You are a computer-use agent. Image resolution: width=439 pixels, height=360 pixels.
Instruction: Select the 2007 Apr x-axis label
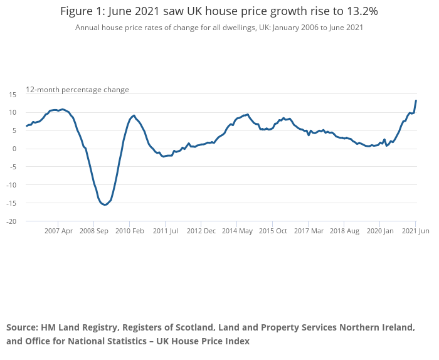[x=58, y=231]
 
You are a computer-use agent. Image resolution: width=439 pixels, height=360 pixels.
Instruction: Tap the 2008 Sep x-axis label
[x=93, y=231]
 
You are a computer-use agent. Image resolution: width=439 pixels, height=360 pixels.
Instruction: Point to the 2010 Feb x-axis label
[x=129, y=231]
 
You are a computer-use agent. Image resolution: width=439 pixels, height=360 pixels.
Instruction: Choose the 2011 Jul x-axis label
[x=165, y=231]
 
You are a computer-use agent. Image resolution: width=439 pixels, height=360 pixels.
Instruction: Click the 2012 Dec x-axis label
[x=201, y=231]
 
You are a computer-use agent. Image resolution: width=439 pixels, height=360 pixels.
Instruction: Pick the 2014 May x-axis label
[x=237, y=231]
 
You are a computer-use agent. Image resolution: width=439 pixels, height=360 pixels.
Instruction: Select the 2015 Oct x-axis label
[x=273, y=231]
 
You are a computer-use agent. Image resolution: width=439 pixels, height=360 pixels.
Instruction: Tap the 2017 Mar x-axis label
[x=309, y=231]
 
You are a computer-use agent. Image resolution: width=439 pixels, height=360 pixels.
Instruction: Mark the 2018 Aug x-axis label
[x=344, y=231]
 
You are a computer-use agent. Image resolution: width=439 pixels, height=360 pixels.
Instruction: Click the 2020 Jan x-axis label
[x=380, y=231]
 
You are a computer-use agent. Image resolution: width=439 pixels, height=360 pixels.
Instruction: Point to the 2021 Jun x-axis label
[x=415, y=231]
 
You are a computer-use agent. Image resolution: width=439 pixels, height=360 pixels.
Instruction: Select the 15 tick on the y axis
[x=13, y=94]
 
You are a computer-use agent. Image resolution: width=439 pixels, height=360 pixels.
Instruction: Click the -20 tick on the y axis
[x=12, y=221]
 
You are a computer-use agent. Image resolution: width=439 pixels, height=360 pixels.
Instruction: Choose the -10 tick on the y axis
[x=12, y=185]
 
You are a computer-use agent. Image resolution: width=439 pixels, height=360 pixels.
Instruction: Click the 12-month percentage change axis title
[x=77, y=90]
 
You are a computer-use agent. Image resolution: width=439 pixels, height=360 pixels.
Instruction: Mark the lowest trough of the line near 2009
[x=105, y=204]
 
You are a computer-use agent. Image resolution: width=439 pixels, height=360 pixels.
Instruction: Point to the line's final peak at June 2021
[x=416, y=100]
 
